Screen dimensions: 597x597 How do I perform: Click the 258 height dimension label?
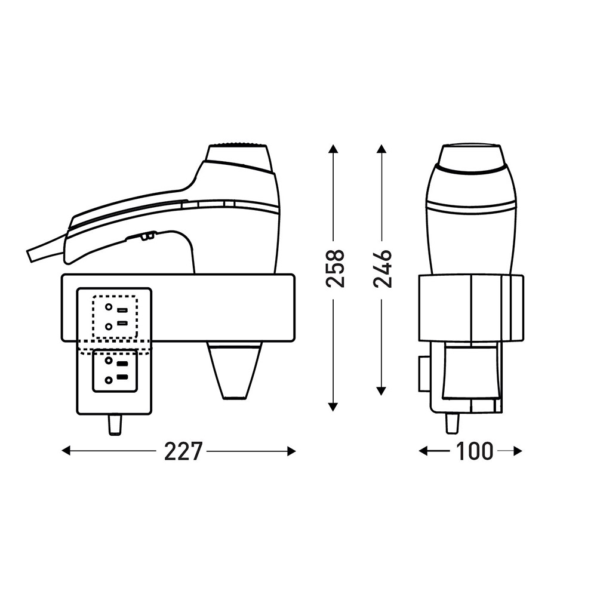click(x=336, y=268)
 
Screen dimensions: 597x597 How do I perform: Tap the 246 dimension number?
click(x=382, y=268)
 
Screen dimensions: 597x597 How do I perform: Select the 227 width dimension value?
click(x=182, y=451)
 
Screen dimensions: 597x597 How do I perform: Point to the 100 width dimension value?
click(x=474, y=451)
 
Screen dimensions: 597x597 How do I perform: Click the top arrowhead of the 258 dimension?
click(x=333, y=149)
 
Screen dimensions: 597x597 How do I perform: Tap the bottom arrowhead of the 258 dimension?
click(x=333, y=407)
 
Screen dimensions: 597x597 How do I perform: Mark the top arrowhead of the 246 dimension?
click(x=381, y=149)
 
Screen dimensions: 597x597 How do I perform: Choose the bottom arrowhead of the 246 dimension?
click(x=381, y=391)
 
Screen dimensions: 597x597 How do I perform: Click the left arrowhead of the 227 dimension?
click(x=66, y=451)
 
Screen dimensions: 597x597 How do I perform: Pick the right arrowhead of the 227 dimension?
click(x=291, y=451)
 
